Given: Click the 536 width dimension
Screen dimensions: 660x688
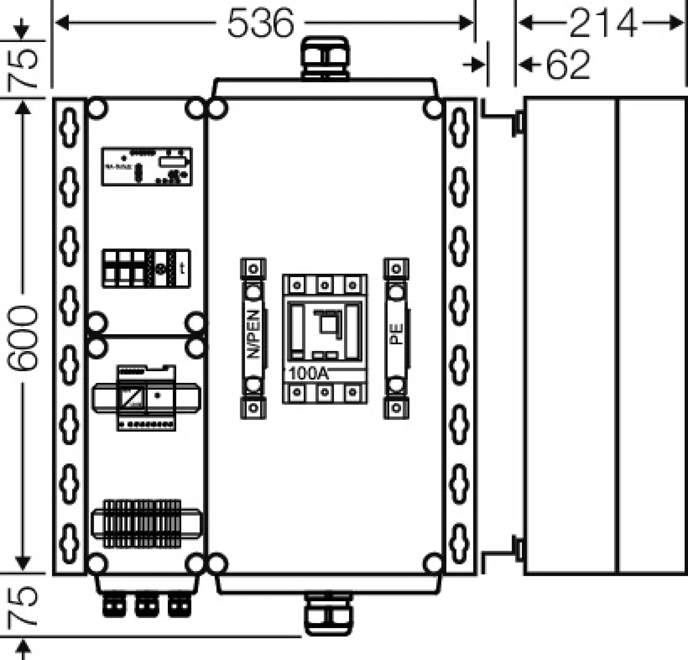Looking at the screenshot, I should click(x=260, y=23).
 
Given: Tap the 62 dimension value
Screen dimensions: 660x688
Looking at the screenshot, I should click(x=568, y=65).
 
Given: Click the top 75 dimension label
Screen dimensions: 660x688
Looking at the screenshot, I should click(x=22, y=68).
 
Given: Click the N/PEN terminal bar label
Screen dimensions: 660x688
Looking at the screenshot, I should click(x=254, y=334).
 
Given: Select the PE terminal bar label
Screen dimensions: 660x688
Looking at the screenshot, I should click(x=397, y=334).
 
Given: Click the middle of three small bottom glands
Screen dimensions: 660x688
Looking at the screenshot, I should click(x=147, y=605).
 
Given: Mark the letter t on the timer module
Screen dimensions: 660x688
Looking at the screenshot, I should click(x=182, y=269).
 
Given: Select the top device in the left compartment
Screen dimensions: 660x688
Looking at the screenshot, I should click(x=147, y=167).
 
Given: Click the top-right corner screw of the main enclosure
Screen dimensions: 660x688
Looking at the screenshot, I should click(x=433, y=108).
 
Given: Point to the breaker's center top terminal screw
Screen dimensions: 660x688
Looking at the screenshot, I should click(x=325, y=285).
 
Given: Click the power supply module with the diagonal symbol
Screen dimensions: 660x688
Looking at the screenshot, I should click(x=131, y=398).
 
